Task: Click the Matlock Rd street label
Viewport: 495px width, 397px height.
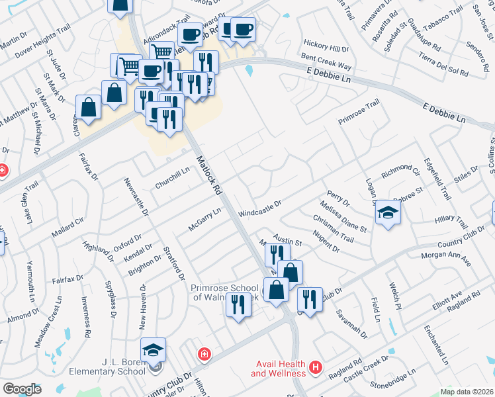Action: coord(208,175)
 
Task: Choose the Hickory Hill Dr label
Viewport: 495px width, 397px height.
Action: coord(326,49)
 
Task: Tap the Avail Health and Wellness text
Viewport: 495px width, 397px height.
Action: coord(278,369)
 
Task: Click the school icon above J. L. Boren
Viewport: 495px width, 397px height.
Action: coord(153,349)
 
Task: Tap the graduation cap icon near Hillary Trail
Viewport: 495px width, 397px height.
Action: coord(388,212)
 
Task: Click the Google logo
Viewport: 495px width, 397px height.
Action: coord(22,388)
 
